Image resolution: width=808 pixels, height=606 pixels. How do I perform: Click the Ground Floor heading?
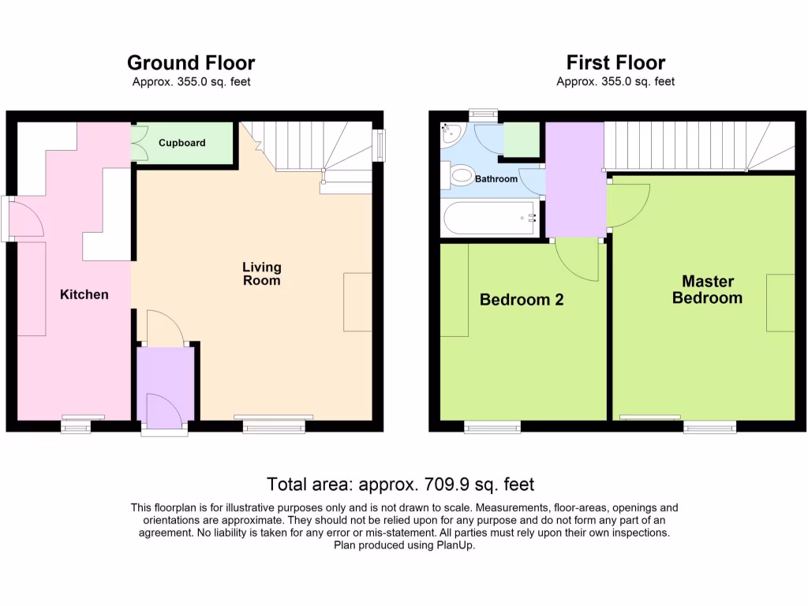tap(191, 63)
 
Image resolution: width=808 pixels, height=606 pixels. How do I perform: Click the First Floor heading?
tap(615, 63)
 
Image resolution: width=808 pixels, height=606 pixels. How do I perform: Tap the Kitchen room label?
tap(84, 294)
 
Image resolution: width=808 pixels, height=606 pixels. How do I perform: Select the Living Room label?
tap(261, 274)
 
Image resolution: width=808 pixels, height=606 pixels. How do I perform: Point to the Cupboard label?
tap(181, 143)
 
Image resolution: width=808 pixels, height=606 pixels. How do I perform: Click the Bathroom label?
tap(496, 179)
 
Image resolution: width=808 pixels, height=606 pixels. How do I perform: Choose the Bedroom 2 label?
tap(522, 300)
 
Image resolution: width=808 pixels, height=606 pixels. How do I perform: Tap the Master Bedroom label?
tap(707, 290)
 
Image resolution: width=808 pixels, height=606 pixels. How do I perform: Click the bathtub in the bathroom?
tap(489, 218)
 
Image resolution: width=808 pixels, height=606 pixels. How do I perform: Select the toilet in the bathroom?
tap(458, 175)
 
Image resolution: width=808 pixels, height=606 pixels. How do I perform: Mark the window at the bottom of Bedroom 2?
tap(492, 427)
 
